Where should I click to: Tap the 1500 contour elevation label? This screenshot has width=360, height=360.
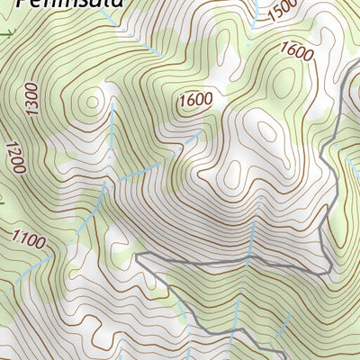tap(282, 10)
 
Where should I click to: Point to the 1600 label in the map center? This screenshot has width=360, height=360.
tap(194, 99)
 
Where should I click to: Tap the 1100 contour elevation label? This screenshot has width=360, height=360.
tap(29, 239)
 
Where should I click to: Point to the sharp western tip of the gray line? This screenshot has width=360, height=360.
tap(137, 256)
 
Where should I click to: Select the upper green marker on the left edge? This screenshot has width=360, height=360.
tap(7, 33)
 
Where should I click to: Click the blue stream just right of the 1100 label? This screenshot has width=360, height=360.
tap(67, 225)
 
